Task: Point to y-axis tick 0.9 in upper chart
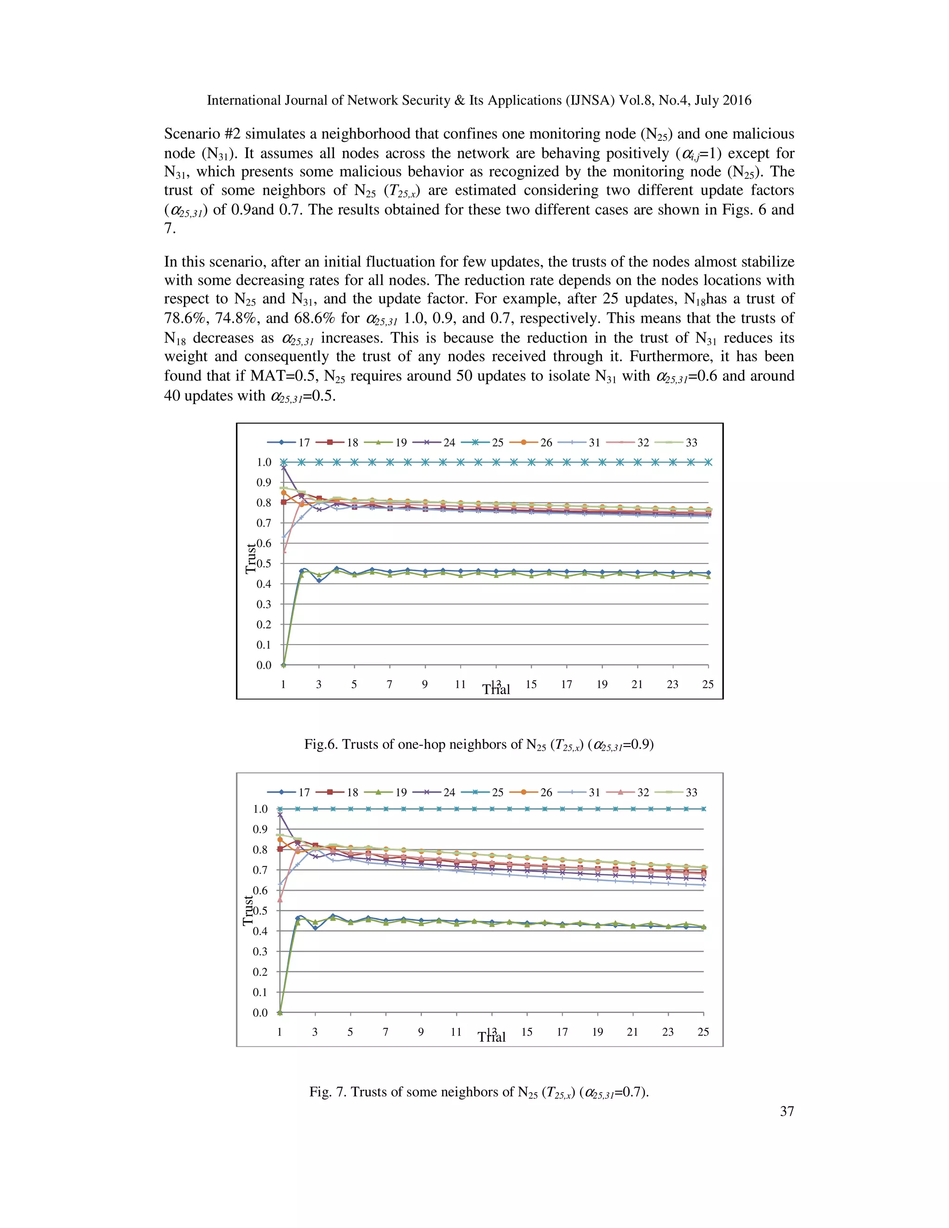264,482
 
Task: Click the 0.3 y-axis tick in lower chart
260,951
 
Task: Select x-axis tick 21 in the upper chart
637,684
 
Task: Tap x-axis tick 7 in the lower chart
386,1032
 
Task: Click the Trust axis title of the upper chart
250,558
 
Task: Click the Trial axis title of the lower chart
492,1038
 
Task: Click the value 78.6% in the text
184,318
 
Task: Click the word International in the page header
248,101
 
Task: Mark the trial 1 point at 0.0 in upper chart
283,665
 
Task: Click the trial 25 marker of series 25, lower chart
703,809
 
